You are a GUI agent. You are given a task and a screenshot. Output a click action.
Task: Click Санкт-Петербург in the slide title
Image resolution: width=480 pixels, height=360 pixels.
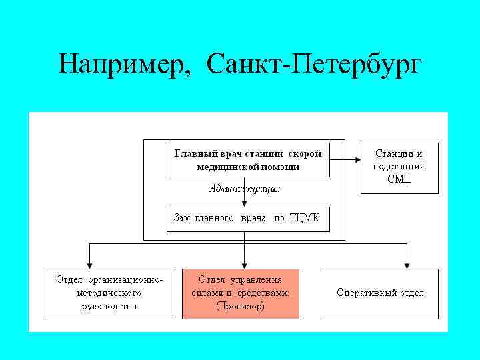(x=314, y=65)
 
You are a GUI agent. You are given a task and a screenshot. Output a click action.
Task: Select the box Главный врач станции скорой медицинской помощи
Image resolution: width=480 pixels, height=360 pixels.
(x=247, y=160)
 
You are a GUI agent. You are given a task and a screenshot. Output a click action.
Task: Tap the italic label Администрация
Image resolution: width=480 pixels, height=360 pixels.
(x=245, y=189)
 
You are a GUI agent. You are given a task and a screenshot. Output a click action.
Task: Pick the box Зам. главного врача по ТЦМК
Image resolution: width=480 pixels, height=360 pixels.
(x=247, y=219)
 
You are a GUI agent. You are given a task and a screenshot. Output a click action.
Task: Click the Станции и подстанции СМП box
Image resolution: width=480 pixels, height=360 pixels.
(x=399, y=167)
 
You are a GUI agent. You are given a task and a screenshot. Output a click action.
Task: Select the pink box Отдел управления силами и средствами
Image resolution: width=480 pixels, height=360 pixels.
(x=241, y=293)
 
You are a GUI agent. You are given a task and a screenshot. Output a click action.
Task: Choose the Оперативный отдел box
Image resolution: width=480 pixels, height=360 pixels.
(x=381, y=293)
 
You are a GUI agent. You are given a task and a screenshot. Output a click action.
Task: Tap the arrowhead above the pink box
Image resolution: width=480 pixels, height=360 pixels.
(x=245, y=265)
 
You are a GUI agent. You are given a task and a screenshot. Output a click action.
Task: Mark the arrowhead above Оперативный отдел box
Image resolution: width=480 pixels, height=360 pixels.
(x=407, y=265)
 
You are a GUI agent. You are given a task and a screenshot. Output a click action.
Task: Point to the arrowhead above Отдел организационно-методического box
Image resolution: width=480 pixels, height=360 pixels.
(x=91, y=265)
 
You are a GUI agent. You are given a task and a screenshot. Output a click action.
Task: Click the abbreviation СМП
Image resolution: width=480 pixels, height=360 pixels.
(x=399, y=179)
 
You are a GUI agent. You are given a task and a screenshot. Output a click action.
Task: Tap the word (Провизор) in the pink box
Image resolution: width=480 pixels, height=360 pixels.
(x=241, y=307)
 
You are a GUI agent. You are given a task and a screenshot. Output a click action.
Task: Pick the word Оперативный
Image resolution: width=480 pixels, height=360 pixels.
(x=367, y=293)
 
